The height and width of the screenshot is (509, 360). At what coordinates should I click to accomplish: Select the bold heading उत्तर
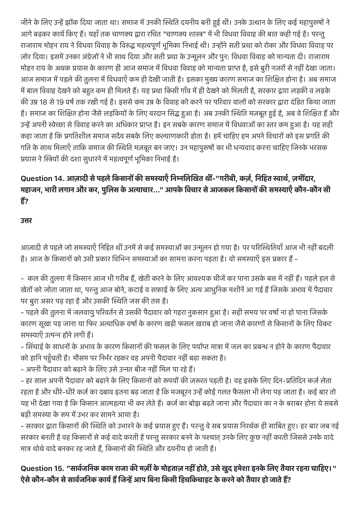[26, 220]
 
